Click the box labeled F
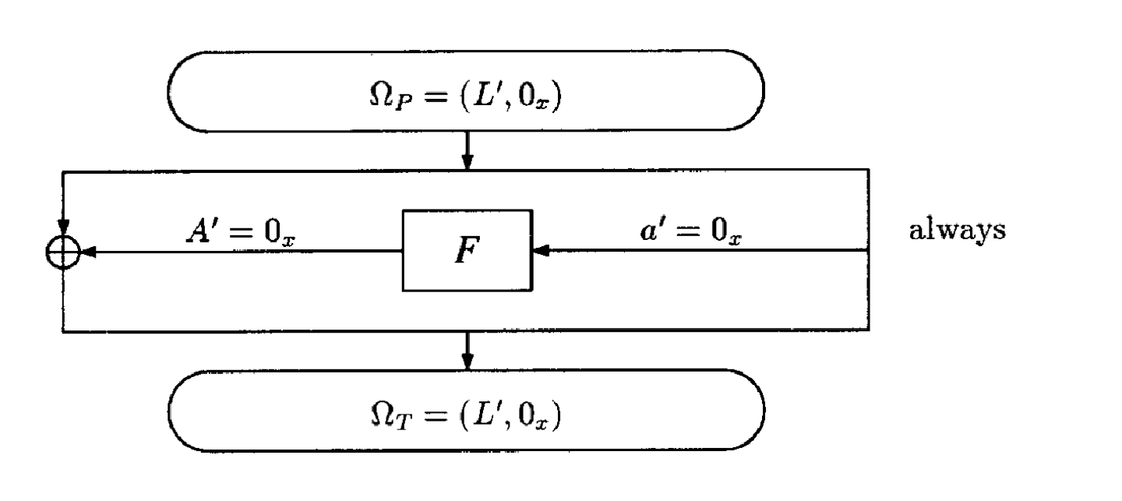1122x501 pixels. click(467, 251)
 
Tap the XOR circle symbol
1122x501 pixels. click(63, 252)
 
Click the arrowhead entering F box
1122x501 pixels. click(539, 251)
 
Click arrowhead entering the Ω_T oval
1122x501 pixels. click(467, 362)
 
